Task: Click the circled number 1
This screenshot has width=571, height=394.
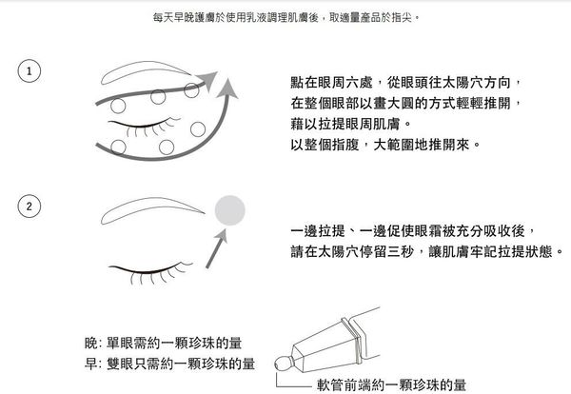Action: coord(30,71)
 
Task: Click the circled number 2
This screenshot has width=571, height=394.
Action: coord(30,207)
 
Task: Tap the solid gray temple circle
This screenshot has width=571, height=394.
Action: coord(229,210)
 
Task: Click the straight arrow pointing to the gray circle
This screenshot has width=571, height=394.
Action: coord(216,249)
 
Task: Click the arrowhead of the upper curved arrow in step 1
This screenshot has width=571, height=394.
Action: coord(207,81)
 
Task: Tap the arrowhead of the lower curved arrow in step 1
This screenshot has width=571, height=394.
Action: coord(227,88)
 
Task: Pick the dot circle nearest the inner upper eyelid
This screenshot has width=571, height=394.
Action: coord(118,106)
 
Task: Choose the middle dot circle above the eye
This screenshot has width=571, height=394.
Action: coord(158,97)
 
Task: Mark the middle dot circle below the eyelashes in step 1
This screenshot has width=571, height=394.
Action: coord(167,148)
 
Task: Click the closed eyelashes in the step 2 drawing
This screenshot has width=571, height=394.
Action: coord(151,272)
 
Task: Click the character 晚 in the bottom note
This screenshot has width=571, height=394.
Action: coord(91,343)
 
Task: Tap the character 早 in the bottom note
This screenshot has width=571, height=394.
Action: coord(91,364)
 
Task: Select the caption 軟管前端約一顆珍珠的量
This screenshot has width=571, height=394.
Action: coord(391,384)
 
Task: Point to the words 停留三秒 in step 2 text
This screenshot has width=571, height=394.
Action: coord(387,251)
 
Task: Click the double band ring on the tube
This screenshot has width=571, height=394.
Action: coord(352,341)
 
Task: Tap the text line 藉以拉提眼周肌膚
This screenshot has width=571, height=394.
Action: coord(351,124)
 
